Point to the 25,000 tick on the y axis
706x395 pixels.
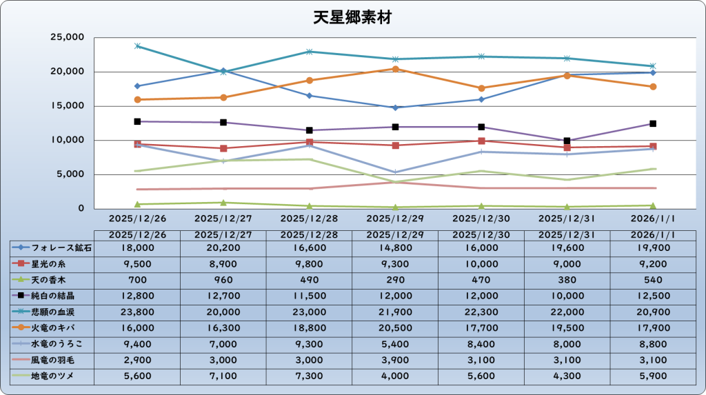pyautogui.click(x=68, y=37)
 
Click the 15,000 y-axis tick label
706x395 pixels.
pyautogui.click(x=68, y=106)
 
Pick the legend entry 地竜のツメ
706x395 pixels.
pyautogui.click(x=52, y=376)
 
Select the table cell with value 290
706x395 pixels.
pyautogui.click(x=395, y=280)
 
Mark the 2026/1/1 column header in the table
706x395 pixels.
pyautogui.click(x=652, y=234)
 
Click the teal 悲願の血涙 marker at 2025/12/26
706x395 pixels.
pyautogui.click(x=138, y=46)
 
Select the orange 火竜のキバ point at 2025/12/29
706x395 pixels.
pyautogui.click(x=395, y=69)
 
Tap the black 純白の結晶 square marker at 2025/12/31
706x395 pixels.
pyautogui.click(x=567, y=141)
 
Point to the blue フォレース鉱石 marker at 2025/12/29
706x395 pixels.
pyautogui.click(x=395, y=108)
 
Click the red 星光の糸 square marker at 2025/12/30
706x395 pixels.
pyautogui.click(x=481, y=141)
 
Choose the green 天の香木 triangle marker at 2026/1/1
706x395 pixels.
pyautogui.click(x=652, y=205)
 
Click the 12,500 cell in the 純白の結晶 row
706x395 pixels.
pyautogui.click(x=652, y=296)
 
